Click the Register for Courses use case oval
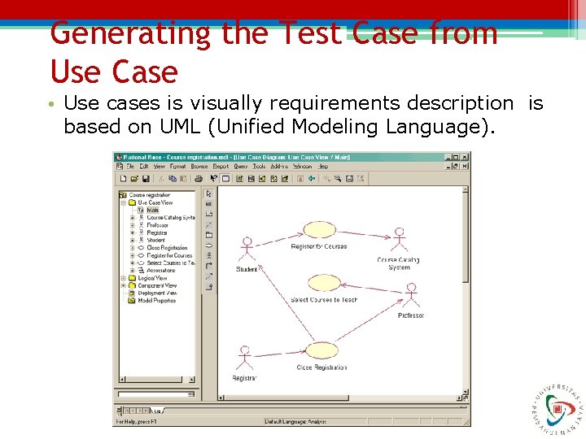(319, 230)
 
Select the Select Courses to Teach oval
(324, 283)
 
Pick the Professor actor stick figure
(411, 296)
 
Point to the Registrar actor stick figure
(243, 358)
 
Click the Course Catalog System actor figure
(399, 239)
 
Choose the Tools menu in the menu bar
(259, 166)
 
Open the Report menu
(221, 166)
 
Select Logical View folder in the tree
(152, 278)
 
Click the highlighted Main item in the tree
(152, 210)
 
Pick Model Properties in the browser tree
(156, 301)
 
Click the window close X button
(465, 156)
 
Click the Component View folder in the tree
(156, 285)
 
